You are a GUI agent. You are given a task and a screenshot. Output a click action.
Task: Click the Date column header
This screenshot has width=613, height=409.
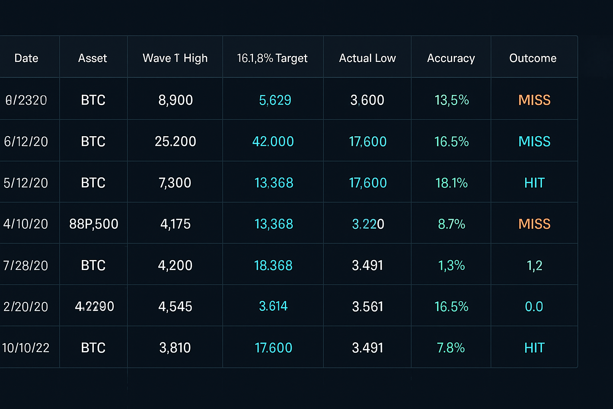tap(26, 58)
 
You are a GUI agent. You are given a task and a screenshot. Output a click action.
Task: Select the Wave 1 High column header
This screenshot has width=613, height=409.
tap(175, 58)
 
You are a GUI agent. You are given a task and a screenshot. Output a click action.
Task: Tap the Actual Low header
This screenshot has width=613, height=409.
tap(367, 58)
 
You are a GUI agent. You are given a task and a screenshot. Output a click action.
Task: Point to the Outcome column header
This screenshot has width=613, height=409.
tap(533, 58)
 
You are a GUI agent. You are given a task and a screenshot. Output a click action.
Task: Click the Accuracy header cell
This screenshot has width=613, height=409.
tap(451, 58)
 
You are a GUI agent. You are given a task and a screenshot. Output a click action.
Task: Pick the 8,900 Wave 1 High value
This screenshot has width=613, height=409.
tap(176, 100)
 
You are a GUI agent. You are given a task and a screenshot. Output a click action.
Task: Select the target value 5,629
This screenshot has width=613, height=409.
tap(275, 100)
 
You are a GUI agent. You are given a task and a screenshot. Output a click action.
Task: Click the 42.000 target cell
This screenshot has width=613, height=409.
tap(273, 141)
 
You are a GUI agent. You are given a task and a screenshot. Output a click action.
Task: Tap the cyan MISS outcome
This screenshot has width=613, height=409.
tap(534, 141)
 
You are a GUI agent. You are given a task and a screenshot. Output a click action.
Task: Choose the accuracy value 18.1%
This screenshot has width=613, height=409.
tap(451, 183)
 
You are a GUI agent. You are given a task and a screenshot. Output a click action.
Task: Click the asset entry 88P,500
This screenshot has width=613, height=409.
tap(94, 224)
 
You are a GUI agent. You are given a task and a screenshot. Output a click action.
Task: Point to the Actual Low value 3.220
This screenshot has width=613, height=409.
tap(368, 224)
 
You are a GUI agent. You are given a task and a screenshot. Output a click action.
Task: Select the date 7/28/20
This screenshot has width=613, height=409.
tap(26, 266)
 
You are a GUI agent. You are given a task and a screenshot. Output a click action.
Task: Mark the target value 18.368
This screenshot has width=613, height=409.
tap(273, 266)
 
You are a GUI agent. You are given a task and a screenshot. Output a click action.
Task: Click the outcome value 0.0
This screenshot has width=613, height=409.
tap(534, 307)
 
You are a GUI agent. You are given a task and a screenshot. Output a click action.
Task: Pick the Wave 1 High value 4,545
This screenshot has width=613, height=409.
tap(175, 307)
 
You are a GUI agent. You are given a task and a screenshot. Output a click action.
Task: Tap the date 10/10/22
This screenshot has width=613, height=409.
tap(26, 348)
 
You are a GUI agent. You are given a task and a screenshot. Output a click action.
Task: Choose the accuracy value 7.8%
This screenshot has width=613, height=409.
tap(451, 348)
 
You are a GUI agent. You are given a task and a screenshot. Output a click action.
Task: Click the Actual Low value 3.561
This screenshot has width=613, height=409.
tap(368, 307)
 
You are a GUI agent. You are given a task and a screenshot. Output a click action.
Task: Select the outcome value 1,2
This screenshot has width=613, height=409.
tap(534, 266)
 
